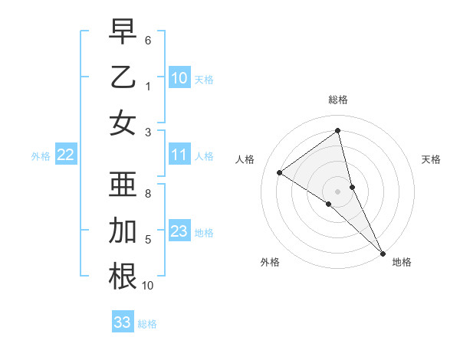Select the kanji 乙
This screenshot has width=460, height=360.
123,77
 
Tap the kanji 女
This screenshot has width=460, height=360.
123,124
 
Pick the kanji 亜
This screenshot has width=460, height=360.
123,185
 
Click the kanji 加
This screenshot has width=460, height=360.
123,231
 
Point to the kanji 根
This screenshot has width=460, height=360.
123,277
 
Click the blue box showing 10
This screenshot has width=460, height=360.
179,77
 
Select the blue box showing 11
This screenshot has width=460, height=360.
179,155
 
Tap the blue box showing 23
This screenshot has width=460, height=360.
179,231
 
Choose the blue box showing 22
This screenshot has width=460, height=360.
65,155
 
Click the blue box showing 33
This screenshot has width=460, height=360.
123,322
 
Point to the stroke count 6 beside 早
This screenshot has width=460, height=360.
147,40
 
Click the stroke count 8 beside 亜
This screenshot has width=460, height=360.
147,194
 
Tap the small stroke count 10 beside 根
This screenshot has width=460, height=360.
148,286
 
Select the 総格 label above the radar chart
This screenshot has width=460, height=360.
338,100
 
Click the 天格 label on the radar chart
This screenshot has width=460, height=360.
432,159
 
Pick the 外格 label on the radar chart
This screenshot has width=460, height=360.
269,262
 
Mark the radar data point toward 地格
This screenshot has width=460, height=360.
383,252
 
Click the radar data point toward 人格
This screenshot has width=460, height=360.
280,172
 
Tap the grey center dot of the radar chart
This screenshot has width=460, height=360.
338,191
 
